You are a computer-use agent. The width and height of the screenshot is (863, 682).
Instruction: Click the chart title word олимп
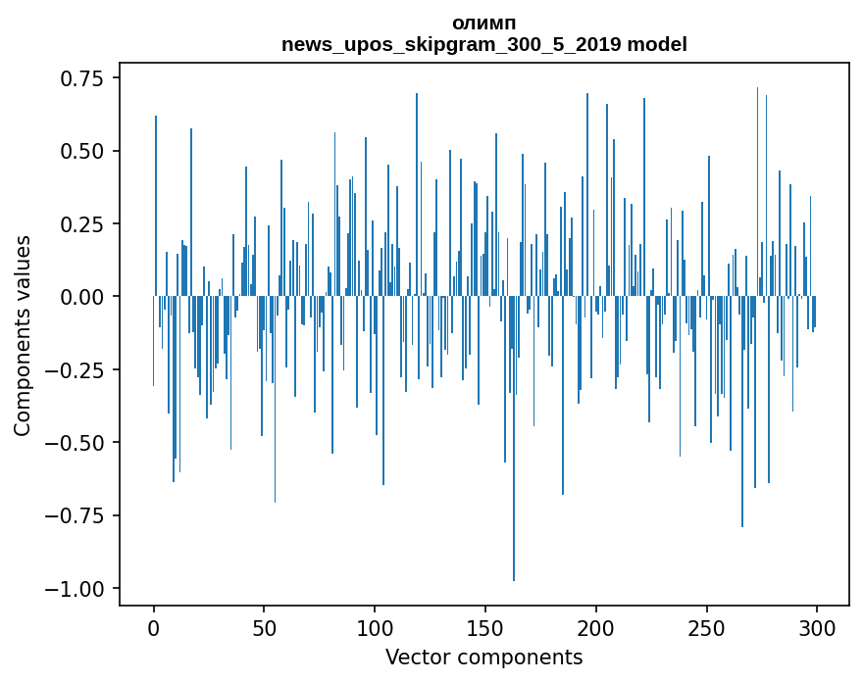click(483, 24)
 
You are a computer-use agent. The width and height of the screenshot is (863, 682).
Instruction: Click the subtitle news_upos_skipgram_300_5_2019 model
click(483, 45)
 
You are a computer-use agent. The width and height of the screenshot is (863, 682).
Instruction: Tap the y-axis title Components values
click(23, 335)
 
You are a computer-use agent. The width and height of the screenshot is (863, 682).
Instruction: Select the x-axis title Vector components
click(483, 658)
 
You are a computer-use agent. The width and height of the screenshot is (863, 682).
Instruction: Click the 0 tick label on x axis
click(154, 628)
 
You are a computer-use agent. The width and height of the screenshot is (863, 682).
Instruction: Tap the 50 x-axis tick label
click(265, 628)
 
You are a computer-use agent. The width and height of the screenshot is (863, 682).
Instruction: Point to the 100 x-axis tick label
click(375, 628)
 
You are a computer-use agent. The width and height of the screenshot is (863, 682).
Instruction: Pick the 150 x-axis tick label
click(485, 628)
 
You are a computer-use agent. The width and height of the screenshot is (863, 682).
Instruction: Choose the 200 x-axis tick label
click(596, 628)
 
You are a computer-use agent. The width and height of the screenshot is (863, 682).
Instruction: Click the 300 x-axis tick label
click(817, 628)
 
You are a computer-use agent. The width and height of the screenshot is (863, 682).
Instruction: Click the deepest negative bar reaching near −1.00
click(514, 490)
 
